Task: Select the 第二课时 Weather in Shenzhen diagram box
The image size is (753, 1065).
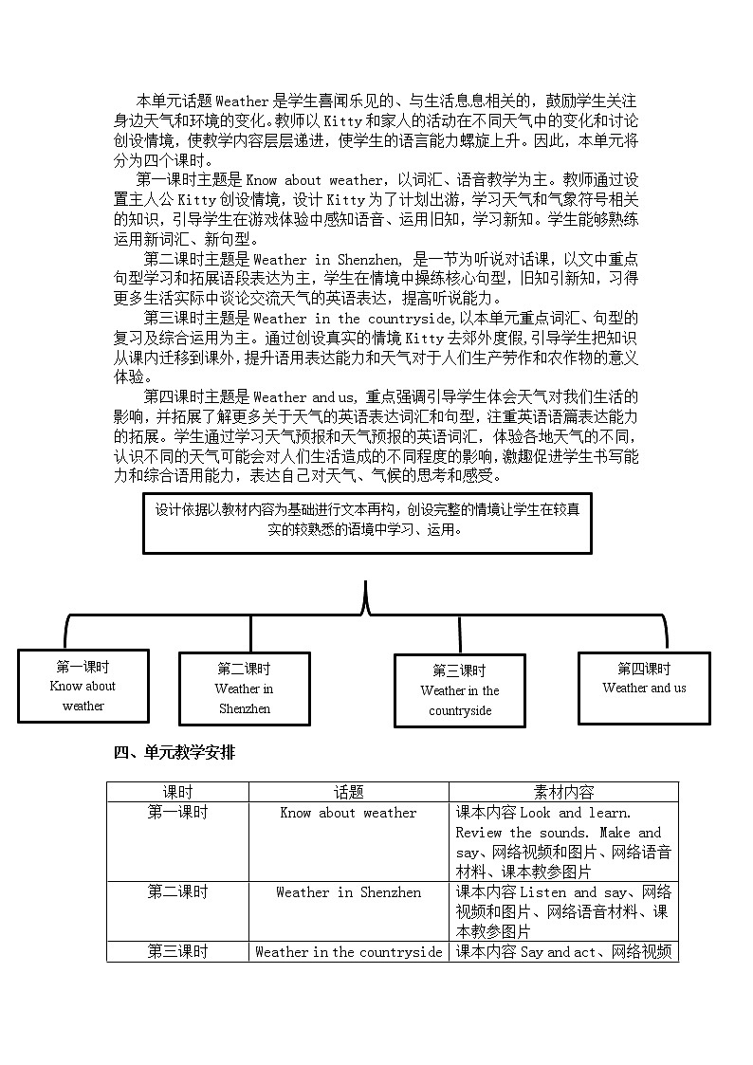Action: (245, 689)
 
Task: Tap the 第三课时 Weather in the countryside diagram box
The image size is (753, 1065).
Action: (460, 691)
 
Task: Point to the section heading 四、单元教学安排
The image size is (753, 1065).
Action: (174, 753)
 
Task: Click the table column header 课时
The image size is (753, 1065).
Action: (177, 792)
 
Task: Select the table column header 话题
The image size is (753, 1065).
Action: (348, 792)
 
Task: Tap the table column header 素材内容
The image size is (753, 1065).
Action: (564, 792)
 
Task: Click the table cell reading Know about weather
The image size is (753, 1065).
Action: (348, 813)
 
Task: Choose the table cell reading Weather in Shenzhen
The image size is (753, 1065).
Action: (348, 892)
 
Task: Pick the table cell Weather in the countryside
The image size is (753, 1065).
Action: (348, 952)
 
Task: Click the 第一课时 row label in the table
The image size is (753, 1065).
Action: (177, 813)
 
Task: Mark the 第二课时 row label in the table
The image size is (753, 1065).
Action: (177, 892)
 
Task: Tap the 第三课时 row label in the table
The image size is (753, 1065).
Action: (177, 952)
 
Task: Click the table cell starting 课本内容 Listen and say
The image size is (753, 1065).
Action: (564, 912)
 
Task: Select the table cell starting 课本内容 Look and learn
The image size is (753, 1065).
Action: (564, 842)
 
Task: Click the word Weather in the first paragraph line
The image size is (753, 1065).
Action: (243, 100)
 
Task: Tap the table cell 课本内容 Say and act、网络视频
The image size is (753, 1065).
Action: (564, 952)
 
